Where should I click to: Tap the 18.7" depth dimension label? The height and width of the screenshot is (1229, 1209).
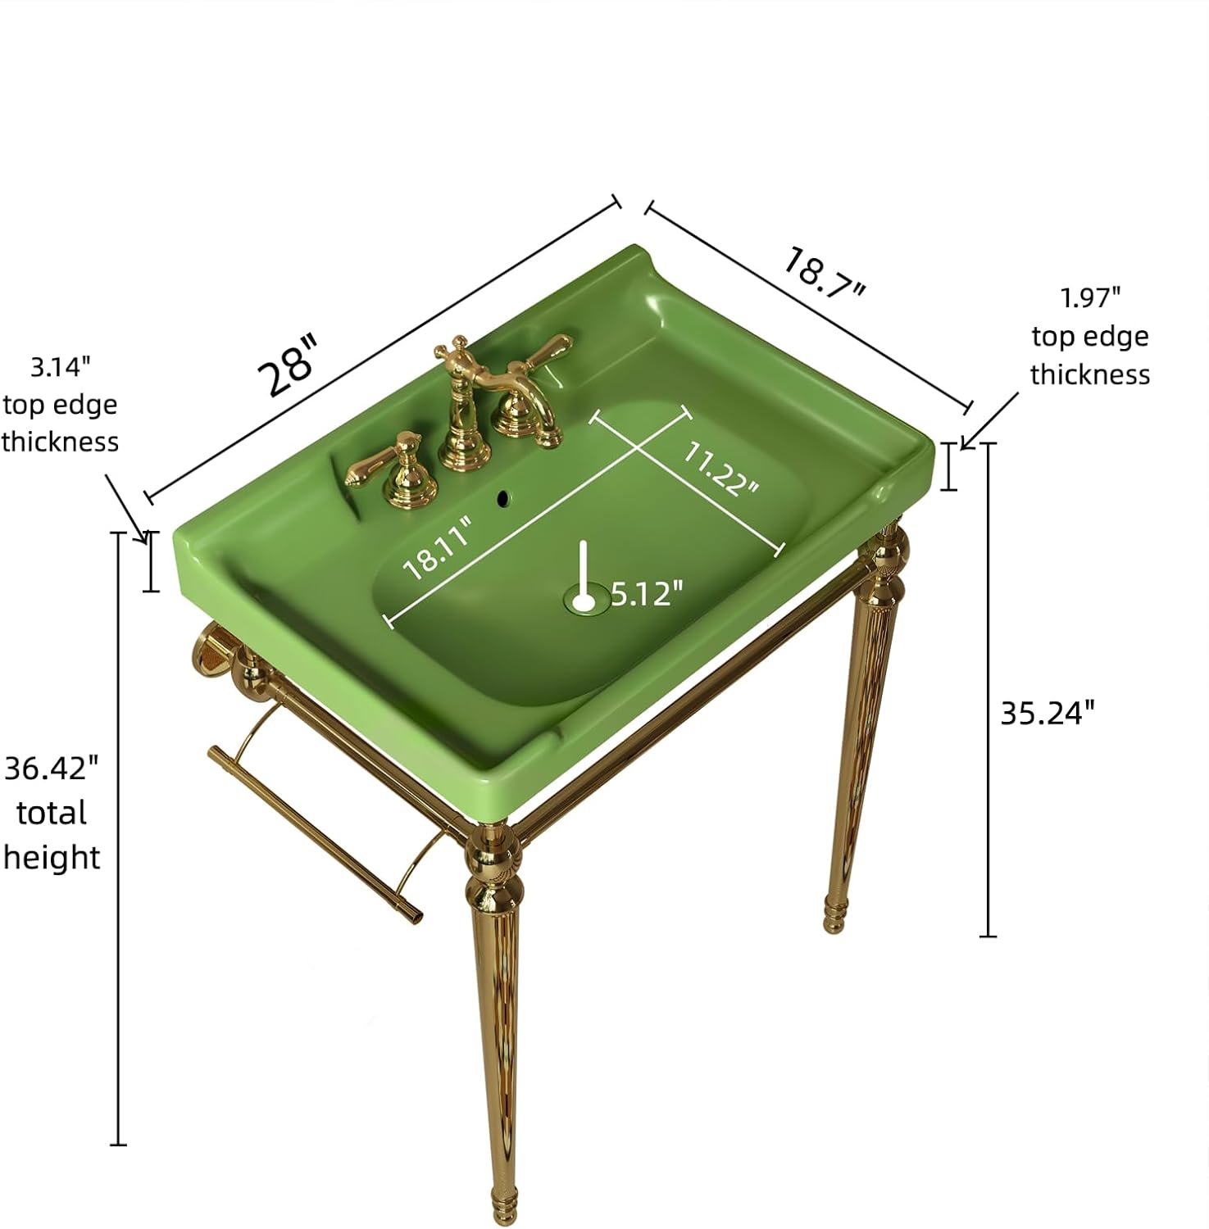tap(825, 273)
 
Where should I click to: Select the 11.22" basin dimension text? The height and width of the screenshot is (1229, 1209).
tap(721, 469)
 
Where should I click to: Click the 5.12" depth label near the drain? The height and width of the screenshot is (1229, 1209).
tap(647, 593)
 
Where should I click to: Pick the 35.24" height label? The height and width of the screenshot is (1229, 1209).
tap(1048, 713)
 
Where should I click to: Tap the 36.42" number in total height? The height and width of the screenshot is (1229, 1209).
tap(52, 769)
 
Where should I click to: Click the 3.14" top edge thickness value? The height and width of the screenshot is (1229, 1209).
tap(61, 366)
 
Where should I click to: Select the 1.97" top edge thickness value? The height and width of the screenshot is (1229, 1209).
tap(1090, 297)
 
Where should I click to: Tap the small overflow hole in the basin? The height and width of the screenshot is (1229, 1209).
tap(504, 496)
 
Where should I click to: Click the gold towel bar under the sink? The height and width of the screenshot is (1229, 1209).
tap(316, 834)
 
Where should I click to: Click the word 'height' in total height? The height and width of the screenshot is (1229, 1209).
tap(52, 858)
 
